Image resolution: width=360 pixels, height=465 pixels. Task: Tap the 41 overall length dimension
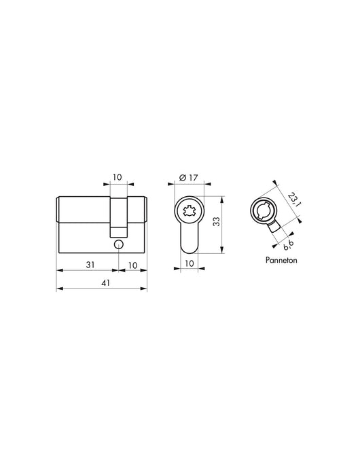pos(102,284)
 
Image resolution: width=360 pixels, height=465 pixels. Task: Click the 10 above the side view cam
pos(118,178)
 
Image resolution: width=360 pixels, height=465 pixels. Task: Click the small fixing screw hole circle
pos(118,244)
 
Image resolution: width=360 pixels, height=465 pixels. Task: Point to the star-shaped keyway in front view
pos(190,211)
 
